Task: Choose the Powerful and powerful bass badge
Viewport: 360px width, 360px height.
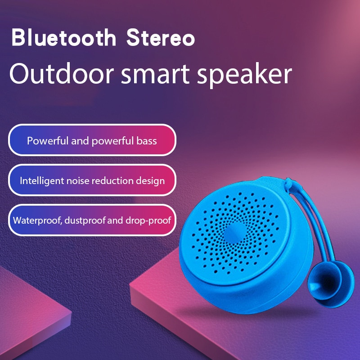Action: click(x=92, y=141)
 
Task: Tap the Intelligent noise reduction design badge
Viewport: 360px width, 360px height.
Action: click(x=92, y=181)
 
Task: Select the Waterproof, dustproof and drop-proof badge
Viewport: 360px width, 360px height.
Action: click(x=92, y=220)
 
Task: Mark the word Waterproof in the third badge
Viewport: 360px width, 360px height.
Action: click(x=35, y=221)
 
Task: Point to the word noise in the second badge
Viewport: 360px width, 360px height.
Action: click(x=79, y=181)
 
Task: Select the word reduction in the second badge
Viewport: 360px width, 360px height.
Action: click(x=112, y=181)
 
